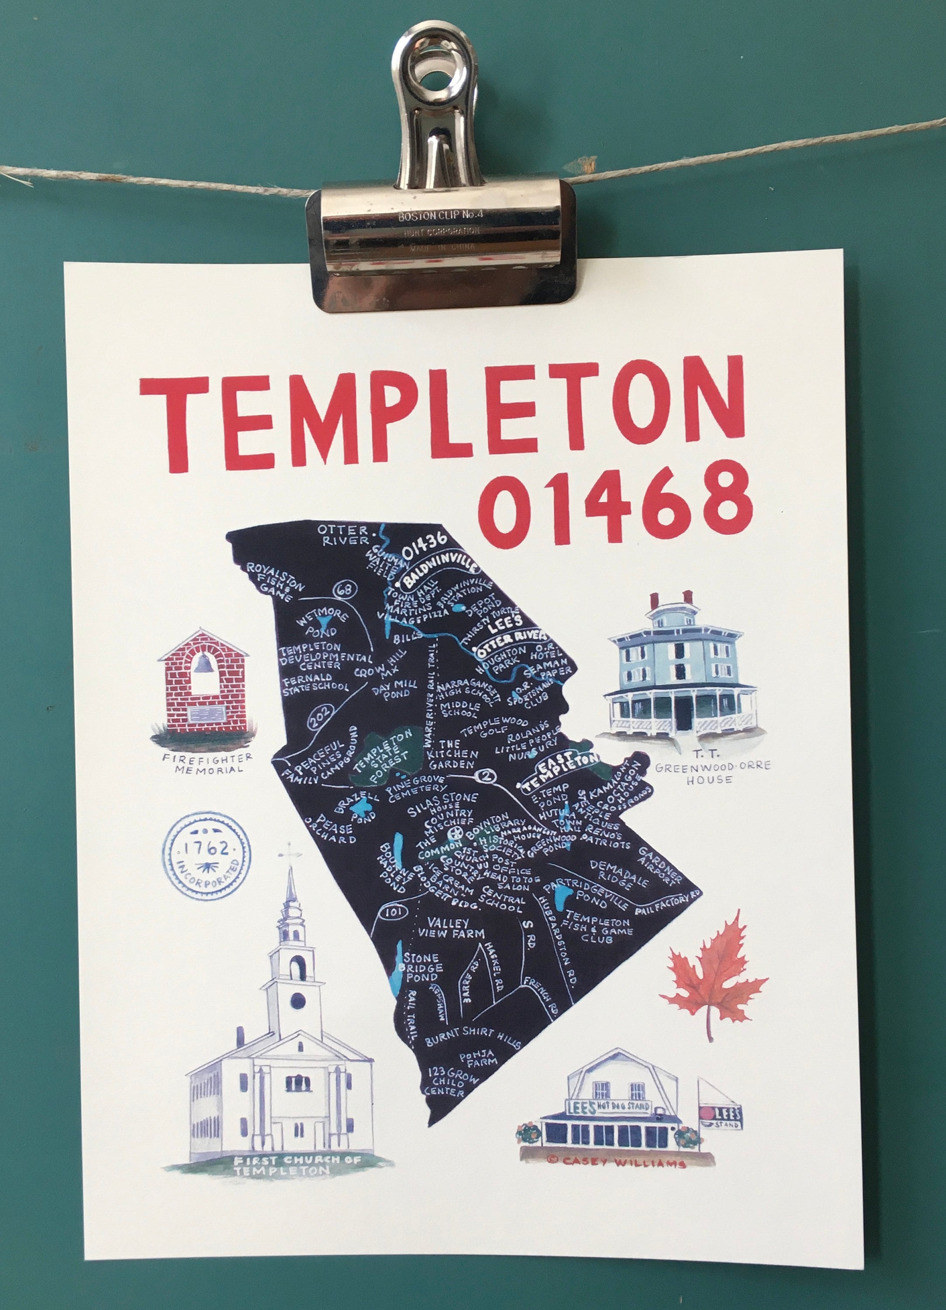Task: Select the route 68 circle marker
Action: [x=346, y=589]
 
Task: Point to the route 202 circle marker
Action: [x=318, y=720]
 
